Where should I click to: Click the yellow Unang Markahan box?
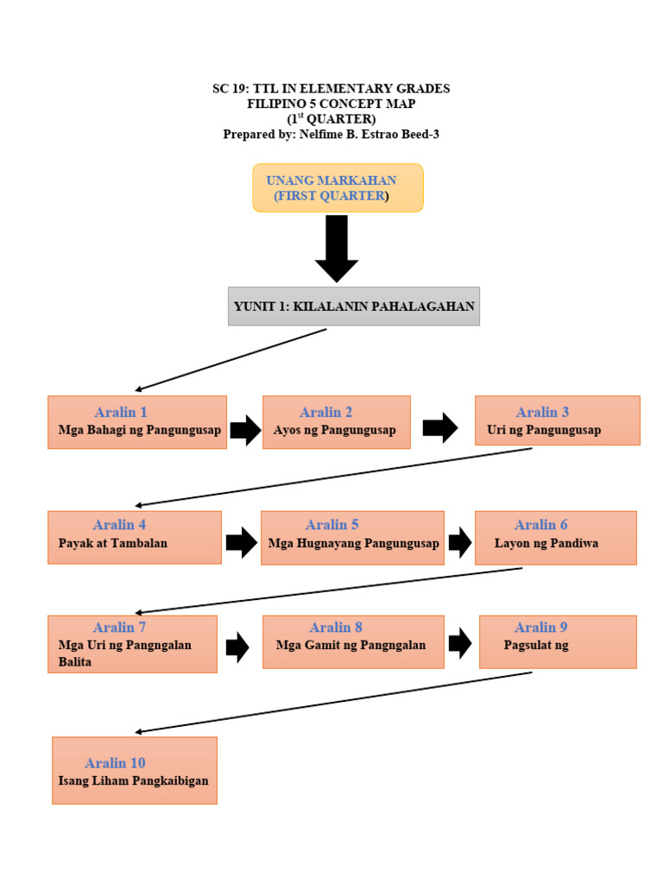point(338,188)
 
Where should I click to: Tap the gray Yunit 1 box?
point(353,306)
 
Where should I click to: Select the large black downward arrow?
point(337,249)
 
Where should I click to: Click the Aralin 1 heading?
point(121,412)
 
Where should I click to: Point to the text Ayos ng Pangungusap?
point(334,430)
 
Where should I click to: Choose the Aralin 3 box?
point(557,420)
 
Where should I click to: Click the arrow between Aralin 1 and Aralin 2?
point(245,429)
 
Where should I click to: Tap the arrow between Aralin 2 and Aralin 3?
point(440,427)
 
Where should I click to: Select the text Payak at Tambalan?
point(113,543)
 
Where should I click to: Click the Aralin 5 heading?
point(331,525)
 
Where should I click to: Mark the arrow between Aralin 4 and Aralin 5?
point(241,542)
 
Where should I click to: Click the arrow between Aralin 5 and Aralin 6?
point(459,542)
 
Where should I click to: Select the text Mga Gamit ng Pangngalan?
point(350,645)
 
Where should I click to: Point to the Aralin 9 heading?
point(540,628)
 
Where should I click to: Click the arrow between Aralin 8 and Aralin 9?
point(459,642)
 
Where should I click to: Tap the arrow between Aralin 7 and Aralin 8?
point(237,647)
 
